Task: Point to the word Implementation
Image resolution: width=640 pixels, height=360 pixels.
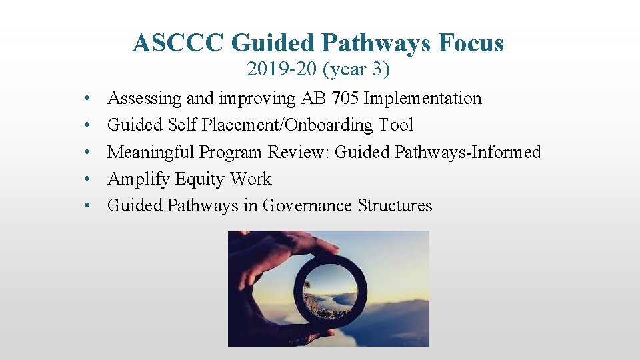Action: point(423,99)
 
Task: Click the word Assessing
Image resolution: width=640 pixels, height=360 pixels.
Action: point(145,99)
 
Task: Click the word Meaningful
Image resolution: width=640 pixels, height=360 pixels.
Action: point(151,152)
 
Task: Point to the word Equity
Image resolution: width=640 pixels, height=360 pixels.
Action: point(199,179)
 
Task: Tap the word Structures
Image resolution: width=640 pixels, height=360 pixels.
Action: point(395,205)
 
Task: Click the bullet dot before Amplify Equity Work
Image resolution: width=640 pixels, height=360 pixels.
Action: point(87,179)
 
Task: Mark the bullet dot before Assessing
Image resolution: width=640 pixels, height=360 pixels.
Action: point(87,99)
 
